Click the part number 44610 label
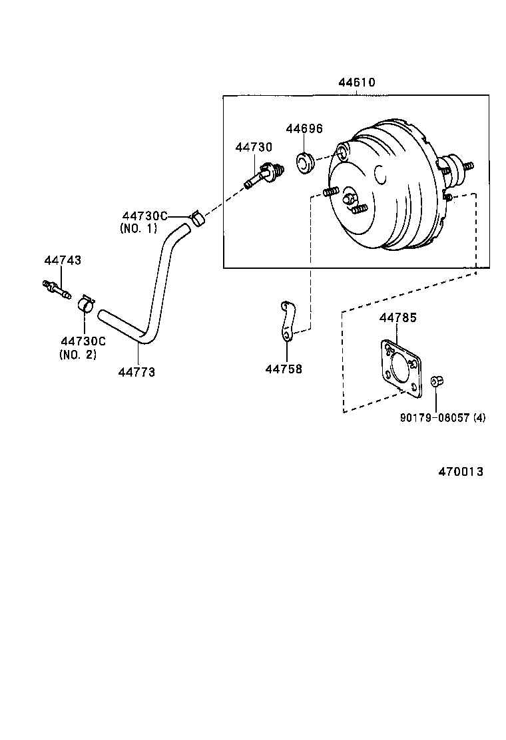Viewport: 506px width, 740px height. coord(356,83)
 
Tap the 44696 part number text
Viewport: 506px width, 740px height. coord(304,128)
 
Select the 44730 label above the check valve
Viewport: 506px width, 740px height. coord(254,146)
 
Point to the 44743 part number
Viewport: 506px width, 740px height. coord(63,260)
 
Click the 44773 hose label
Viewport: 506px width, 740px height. coord(136,372)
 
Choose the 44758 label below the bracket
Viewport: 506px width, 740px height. coord(283,368)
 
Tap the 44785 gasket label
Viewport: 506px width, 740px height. coord(397,318)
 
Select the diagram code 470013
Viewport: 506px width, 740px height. coord(460,471)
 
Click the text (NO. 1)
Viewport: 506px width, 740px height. coord(138,228)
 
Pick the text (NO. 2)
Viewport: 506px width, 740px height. coord(78,354)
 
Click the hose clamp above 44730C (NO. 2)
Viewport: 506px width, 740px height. coord(85,304)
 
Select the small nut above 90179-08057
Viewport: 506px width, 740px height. coord(437,381)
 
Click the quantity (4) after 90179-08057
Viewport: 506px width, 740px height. coord(479,418)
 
